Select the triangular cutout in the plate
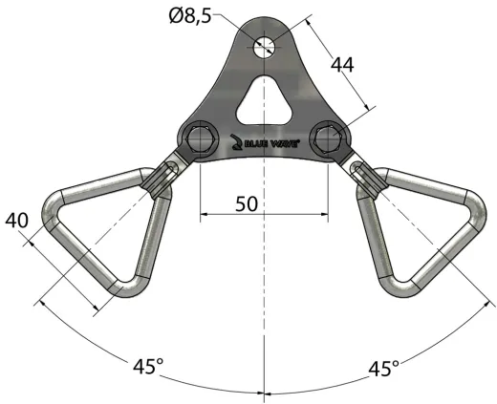[x=264, y=101]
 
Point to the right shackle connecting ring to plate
[x=364, y=176]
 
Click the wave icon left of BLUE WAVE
[x=239, y=142]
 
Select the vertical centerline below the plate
[x=264, y=287]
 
